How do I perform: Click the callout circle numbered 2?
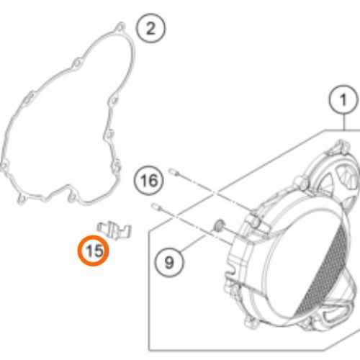point(150,28)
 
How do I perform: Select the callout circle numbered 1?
point(343,99)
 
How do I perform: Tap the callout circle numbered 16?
point(149,180)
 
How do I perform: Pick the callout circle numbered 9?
point(169,262)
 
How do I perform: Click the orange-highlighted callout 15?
point(94,251)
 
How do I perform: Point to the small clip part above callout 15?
point(114,230)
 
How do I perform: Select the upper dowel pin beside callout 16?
point(174,172)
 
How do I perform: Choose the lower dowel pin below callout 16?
point(156,207)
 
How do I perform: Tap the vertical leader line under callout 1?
point(344,122)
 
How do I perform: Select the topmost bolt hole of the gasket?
point(120,27)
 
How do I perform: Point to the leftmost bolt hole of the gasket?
point(4,166)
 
